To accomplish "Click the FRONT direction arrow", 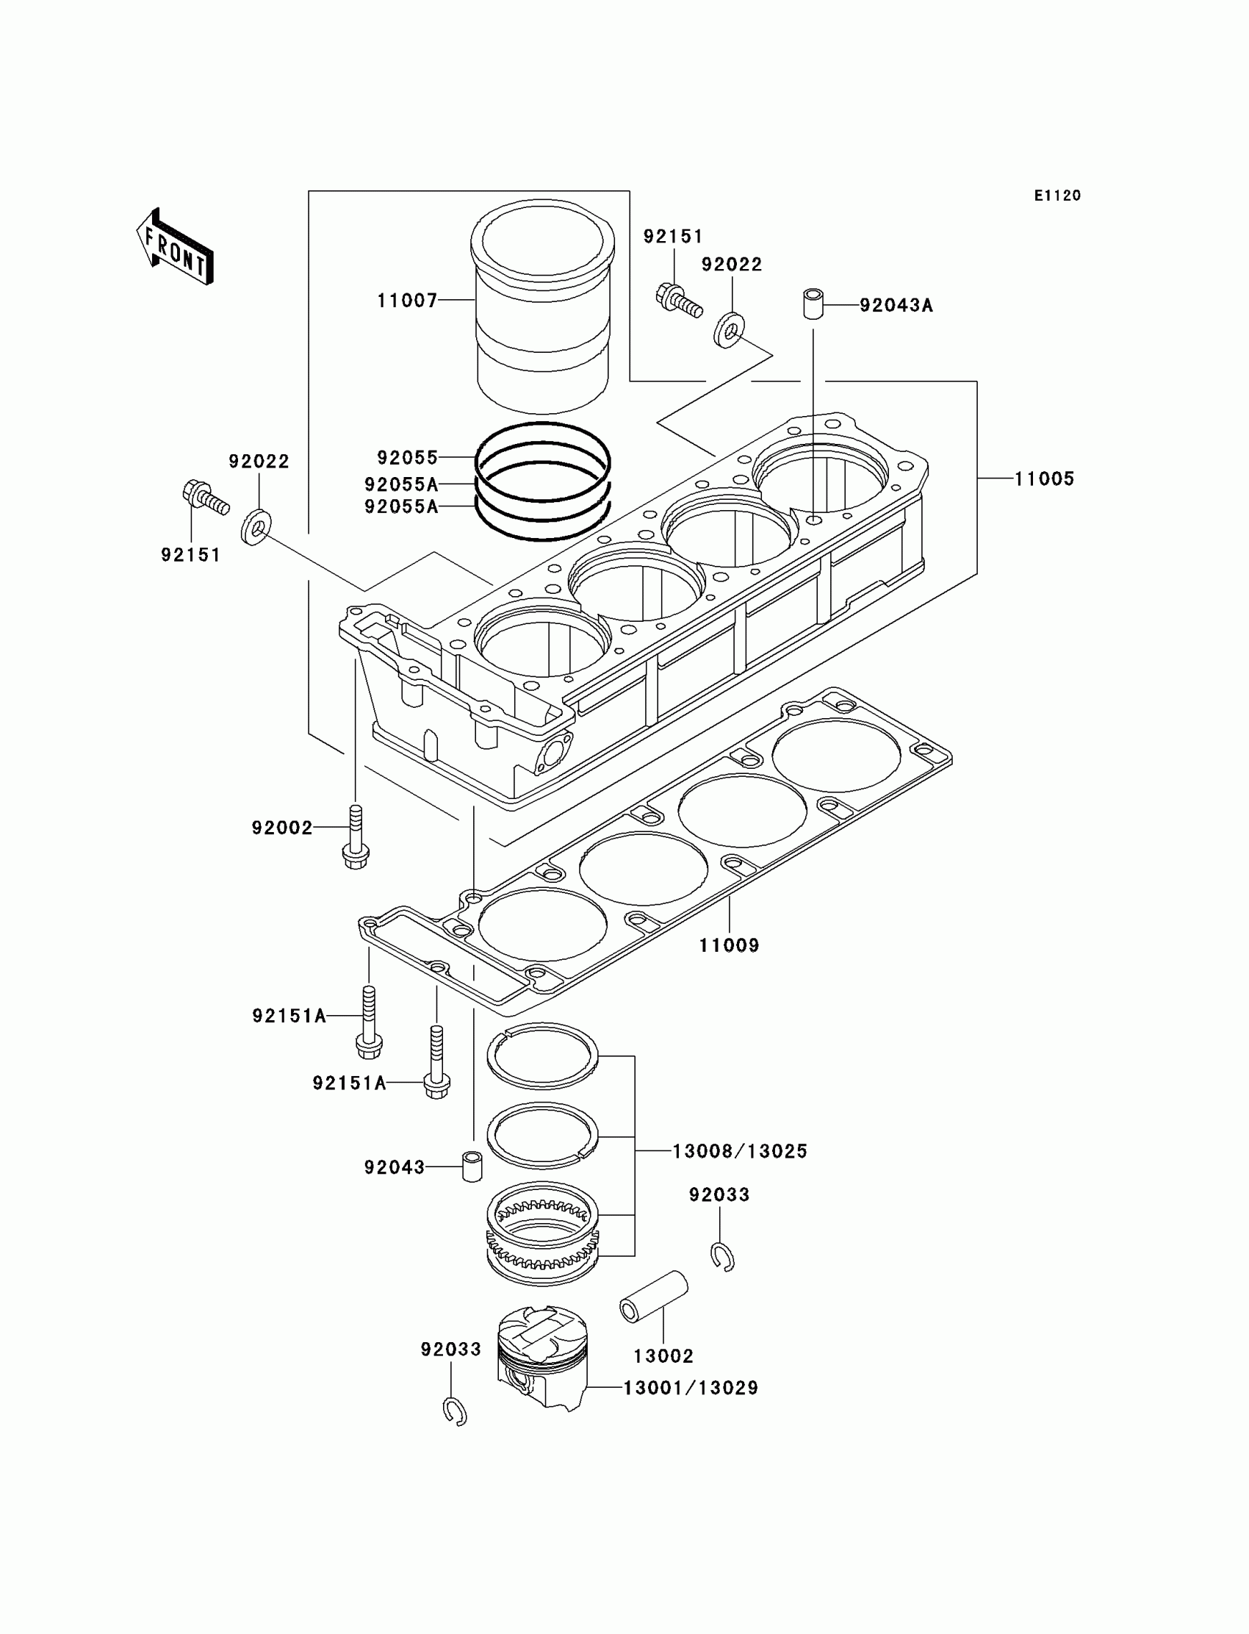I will (176, 248).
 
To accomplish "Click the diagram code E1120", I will (1057, 196).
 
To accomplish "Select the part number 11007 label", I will (407, 301).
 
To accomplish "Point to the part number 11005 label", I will (1045, 479).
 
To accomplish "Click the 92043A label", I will (896, 306).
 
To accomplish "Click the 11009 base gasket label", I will (729, 945).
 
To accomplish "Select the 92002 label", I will (282, 828).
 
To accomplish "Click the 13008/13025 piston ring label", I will (740, 1151).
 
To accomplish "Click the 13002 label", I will (663, 1356).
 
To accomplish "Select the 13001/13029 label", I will (691, 1388).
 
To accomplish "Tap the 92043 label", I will (394, 1168).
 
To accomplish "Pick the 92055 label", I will (408, 456).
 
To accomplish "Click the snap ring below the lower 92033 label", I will (454, 1411).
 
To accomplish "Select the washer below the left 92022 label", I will (256, 526).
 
